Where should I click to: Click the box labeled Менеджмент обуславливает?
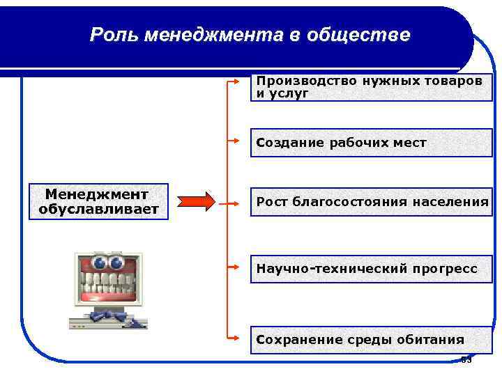point(98,201)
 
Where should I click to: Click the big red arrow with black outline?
point(197,202)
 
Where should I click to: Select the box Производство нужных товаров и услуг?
point(371,87)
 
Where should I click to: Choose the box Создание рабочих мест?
point(371,143)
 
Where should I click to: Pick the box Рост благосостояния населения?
point(371,202)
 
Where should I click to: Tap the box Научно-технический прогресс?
point(371,268)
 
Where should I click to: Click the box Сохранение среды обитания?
point(371,340)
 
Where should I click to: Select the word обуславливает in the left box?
point(98,209)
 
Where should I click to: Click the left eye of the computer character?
point(99,263)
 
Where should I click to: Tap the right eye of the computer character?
point(116,263)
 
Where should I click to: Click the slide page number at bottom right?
point(466,360)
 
